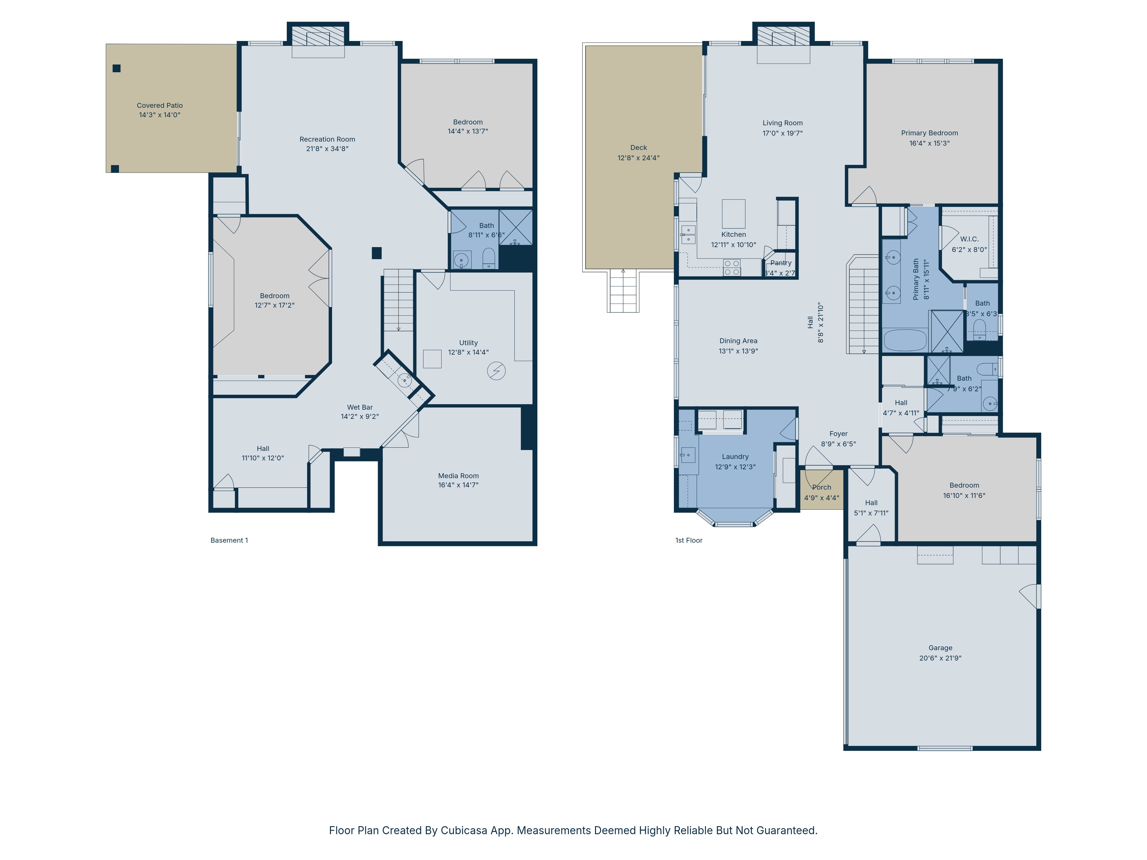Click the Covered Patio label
(x=160, y=105)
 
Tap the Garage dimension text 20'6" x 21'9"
(x=940, y=658)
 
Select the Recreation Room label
(x=327, y=139)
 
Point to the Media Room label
(x=459, y=475)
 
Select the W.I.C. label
(x=969, y=239)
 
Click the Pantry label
(x=781, y=263)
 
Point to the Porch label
(x=821, y=487)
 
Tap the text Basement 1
(x=229, y=540)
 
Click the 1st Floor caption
(x=688, y=540)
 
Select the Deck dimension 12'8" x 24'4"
(x=638, y=158)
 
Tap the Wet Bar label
(x=360, y=407)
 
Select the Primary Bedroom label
(x=929, y=133)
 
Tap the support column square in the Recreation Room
(x=377, y=253)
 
